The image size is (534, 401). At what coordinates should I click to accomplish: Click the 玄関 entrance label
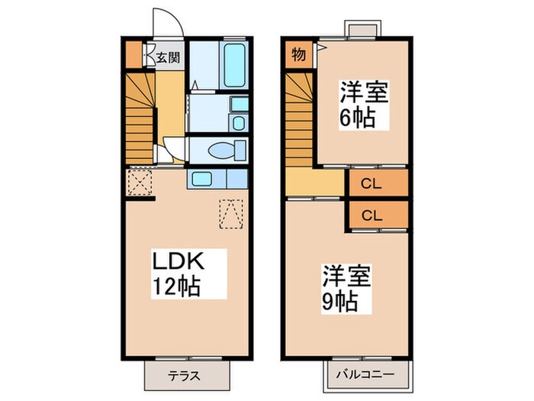coord(169,57)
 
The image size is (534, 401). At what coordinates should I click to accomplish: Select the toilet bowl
coord(227,150)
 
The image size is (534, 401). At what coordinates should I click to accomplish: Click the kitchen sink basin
coord(202,179)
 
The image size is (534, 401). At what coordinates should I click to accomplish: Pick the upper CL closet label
coord(372,183)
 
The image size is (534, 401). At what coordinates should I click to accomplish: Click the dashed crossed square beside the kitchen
coord(140,184)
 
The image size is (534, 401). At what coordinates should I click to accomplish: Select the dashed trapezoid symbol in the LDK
coord(231,213)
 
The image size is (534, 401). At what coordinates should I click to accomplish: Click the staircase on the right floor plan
coord(300,115)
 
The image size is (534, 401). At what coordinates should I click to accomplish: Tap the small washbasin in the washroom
coord(239,124)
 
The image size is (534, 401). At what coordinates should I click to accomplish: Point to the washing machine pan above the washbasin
coord(239,105)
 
